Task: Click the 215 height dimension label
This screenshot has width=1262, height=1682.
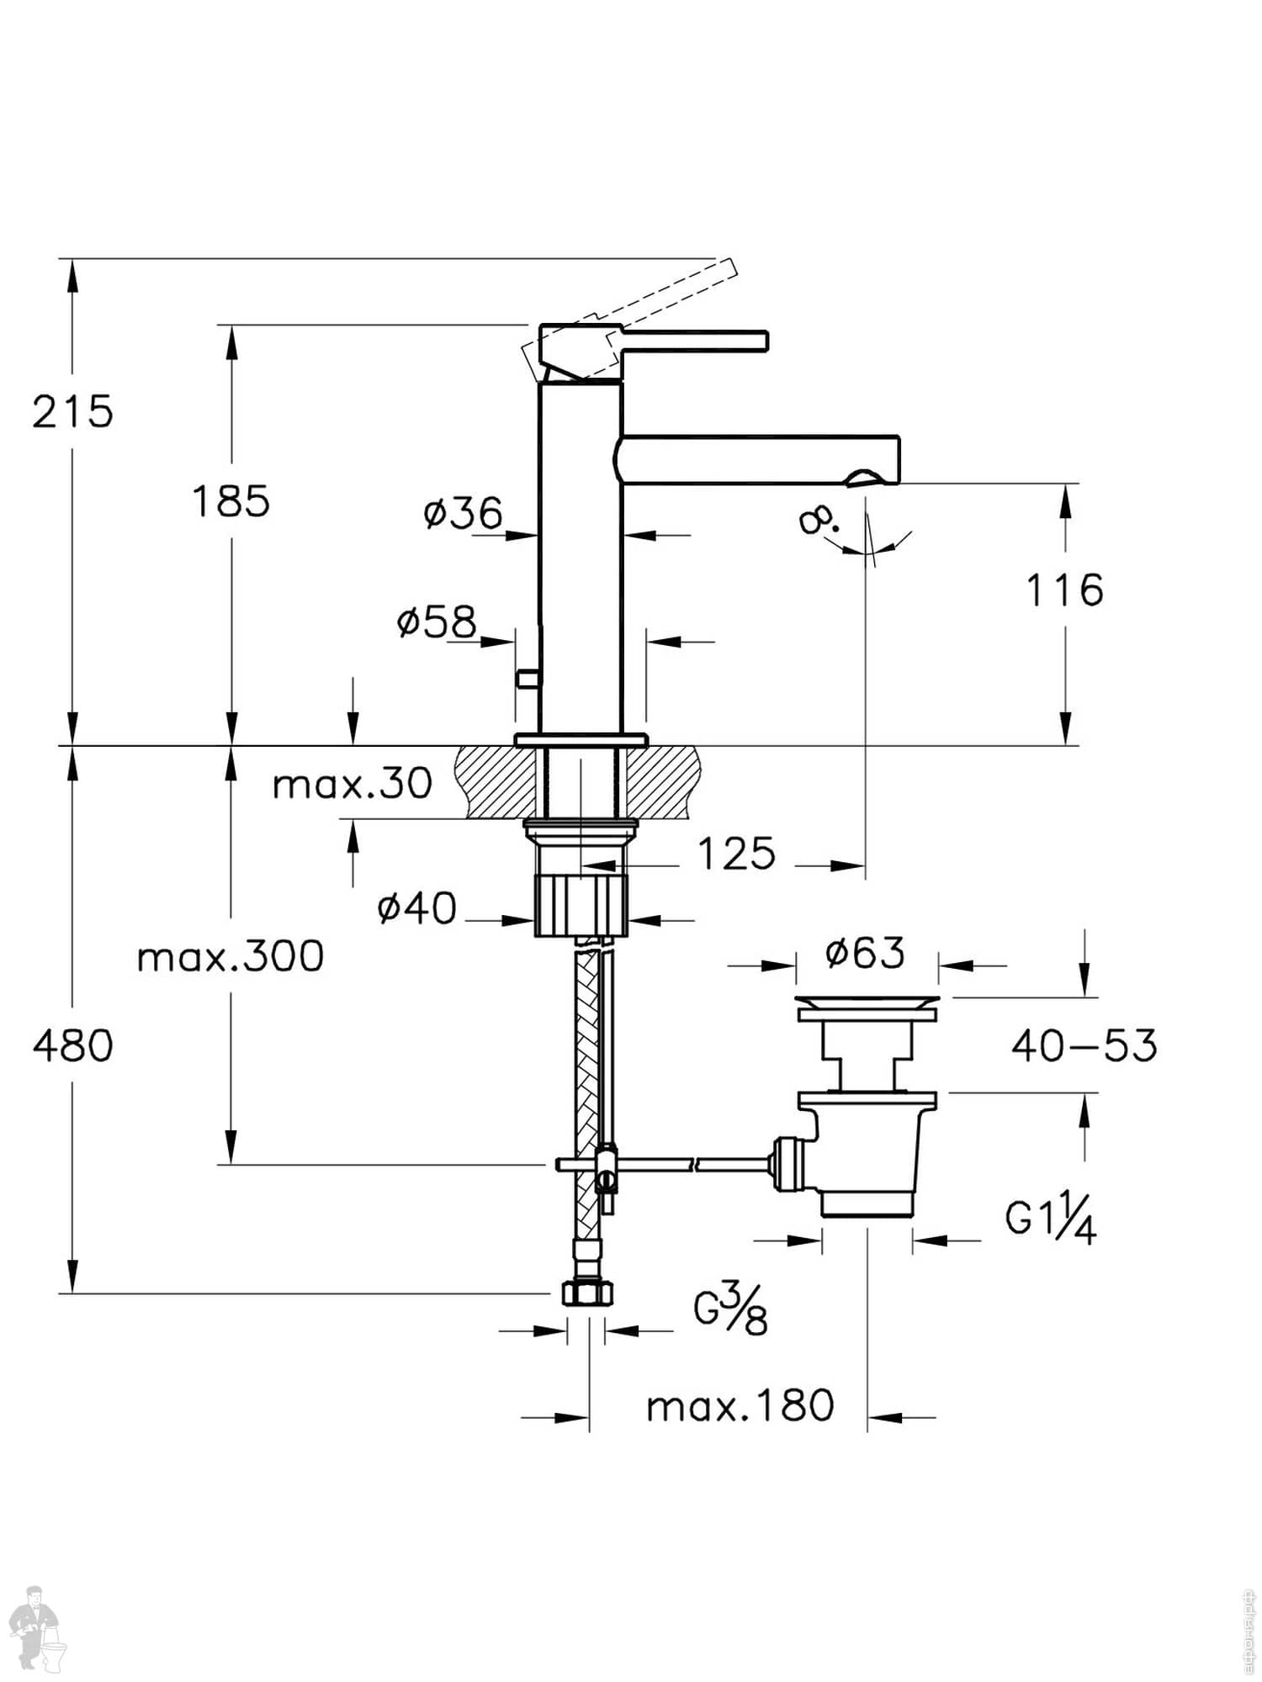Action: [72, 412]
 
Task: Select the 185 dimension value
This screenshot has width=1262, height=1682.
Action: [231, 502]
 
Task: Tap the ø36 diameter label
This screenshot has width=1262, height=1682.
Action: [463, 512]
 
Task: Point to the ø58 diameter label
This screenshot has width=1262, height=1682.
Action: [437, 621]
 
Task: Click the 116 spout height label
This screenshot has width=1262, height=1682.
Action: [1064, 590]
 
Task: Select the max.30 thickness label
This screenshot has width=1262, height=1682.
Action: [352, 784]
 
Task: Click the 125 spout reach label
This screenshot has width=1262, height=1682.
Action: [736, 854]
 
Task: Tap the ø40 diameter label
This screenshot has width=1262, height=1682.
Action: [417, 908]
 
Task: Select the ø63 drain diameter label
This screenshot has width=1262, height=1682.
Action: [865, 953]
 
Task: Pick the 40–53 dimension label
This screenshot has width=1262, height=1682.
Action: [1084, 1046]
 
